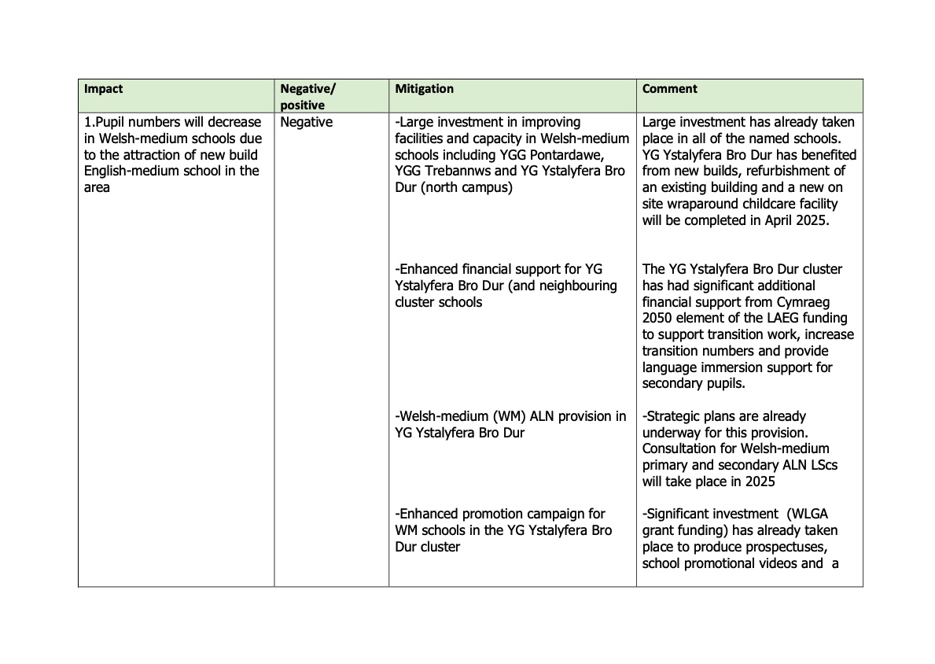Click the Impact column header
click(x=104, y=89)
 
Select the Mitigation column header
click(x=424, y=89)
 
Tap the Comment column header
click(x=670, y=89)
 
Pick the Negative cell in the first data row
click(x=306, y=123)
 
